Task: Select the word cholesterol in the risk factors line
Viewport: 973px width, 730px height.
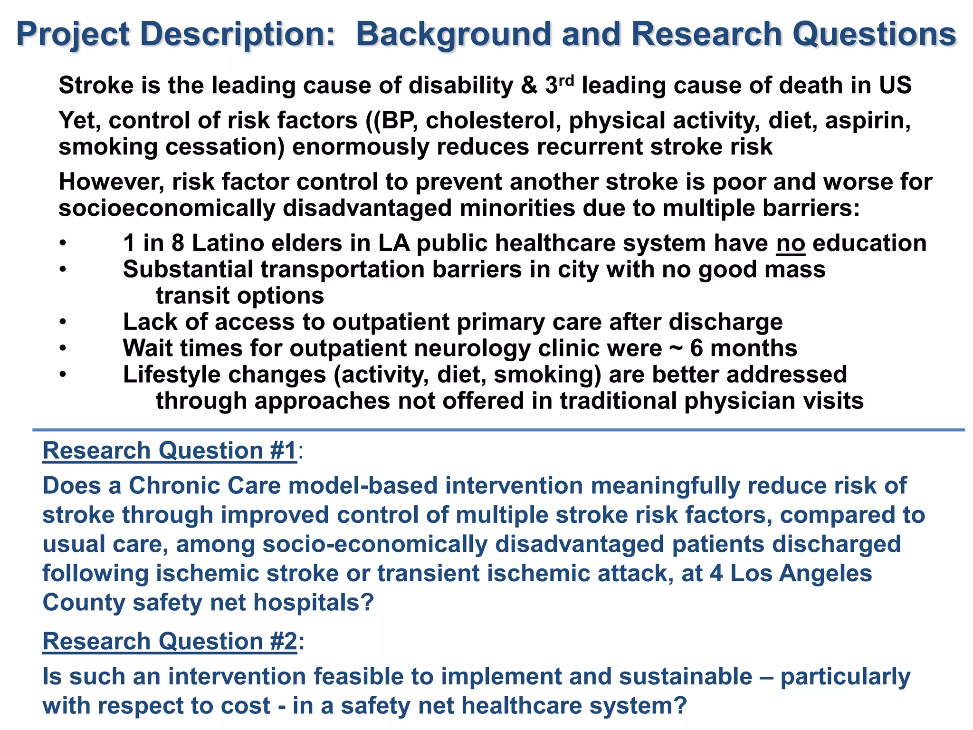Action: [x=493, y=120]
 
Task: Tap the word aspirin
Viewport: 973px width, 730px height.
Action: [x=868, y=120]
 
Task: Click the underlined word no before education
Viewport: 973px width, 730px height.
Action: [x=791, y=243]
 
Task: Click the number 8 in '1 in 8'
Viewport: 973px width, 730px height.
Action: [x=178, y=243]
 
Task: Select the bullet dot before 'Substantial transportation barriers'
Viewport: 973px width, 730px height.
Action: [x=62, y=269]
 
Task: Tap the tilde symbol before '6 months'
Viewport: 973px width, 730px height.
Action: [x=676, y=348]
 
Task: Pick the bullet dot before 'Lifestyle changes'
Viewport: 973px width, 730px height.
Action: [x=62, y=375]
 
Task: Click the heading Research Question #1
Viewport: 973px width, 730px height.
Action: [x=170, y=451]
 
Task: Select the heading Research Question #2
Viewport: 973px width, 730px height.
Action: [x=170, y=641]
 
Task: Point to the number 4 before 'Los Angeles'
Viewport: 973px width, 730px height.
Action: [x=716, y=573]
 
